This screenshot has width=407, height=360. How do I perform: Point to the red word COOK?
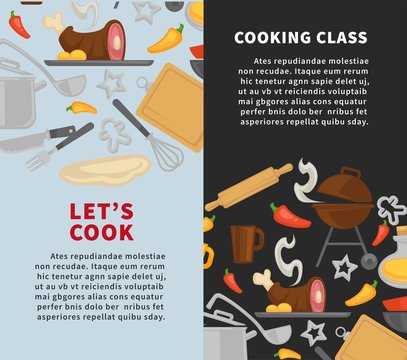(101, 232)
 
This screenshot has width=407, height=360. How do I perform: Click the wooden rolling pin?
(249, 188)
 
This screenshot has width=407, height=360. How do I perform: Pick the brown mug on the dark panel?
(245, 242)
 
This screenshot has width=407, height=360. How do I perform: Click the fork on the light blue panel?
(40, 158)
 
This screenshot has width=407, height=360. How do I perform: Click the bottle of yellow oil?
(395, 250)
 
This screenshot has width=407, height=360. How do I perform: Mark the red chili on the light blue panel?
(19, 26)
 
